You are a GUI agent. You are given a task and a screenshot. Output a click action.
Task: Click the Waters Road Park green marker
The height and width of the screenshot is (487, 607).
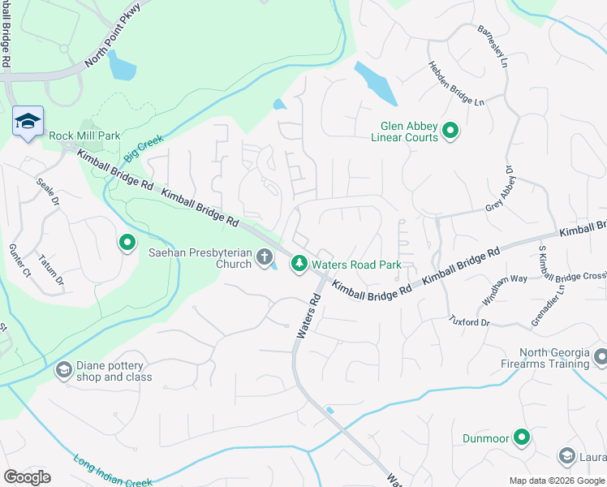[299, 263]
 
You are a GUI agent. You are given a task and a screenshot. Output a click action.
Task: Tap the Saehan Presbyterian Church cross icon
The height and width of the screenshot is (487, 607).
[264, 257]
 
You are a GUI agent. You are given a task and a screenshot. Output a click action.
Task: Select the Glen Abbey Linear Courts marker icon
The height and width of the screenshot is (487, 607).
[449, 129]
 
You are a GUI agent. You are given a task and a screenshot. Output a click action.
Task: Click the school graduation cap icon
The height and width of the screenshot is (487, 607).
[28, 121]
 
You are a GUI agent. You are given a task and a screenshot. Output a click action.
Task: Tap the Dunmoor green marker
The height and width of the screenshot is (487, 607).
[522, 438]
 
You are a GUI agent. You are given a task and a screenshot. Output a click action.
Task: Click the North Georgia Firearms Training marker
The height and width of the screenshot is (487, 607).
[601, 356]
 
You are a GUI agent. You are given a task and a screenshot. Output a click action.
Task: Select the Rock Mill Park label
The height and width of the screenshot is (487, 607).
[84, 136]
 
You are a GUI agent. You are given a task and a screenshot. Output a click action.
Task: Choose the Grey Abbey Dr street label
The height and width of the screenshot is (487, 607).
[501, 189]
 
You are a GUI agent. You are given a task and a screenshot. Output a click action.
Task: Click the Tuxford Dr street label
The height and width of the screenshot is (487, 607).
[470, 321]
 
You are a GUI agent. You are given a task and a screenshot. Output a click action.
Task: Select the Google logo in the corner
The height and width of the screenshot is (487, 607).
[27, 477]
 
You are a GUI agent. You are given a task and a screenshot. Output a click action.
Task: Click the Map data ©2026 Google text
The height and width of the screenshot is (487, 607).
[557, 481]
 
